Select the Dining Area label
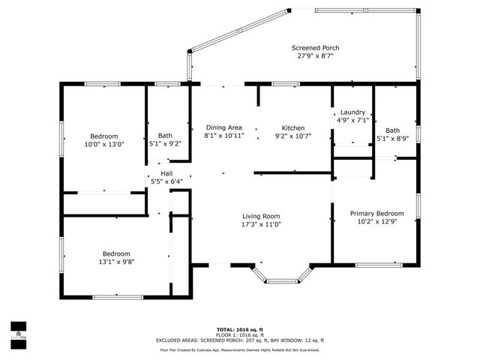(x=223, y=127)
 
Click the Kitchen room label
(x=292, y=127)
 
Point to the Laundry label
(x=352, y=111)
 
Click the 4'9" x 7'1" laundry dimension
(x=352, y=119)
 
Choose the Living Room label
(x=260, y=216)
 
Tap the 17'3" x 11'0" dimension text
(x=260, y=224)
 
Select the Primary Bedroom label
(x=377, y=213)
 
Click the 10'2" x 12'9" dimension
(x=377, y=221)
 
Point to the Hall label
(x=166, y=172)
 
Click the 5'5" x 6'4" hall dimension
(x=166, y=181)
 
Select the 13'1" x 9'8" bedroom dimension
(x=116, y=261)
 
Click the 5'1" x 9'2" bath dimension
(x=165, y=143)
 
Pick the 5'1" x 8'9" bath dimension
(x=393, y=138)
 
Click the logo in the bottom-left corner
(x=19, y=331)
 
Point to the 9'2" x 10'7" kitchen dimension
(x=292, y=136)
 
